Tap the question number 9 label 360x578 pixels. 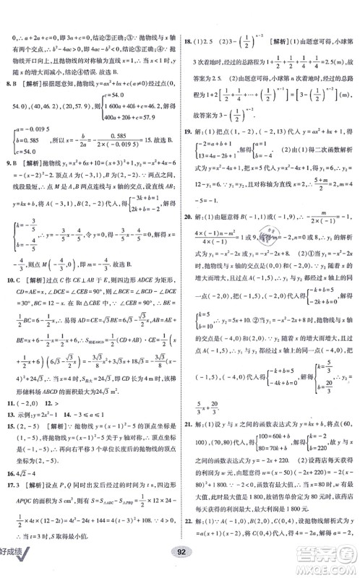pyautogui.click(x=8, y=163)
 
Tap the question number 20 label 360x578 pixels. pyautogui.click(x=189, y=225)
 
